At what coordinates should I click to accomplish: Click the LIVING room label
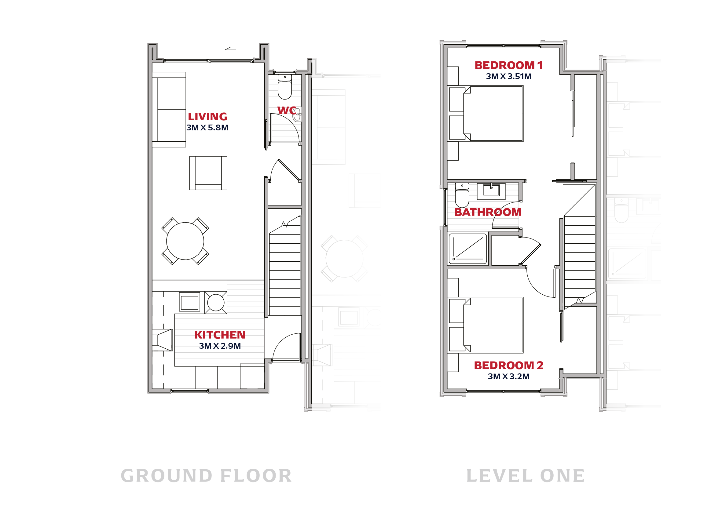(x=207, y=117)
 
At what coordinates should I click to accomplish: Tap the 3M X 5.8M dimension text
(x=207, y=128)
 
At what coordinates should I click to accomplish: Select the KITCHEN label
(x=220, y=335)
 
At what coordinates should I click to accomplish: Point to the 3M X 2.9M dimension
(x=220, y=346)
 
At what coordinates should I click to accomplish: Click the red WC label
(x=287, y=110)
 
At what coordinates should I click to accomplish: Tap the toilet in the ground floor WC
(x=284, y=87)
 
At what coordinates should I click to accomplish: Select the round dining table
(x=185, y=241)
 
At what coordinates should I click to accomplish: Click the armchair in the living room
(x=208, y=173)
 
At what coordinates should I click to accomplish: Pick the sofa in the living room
(x=169, y=110)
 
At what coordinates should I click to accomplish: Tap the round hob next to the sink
(x=216, y=303)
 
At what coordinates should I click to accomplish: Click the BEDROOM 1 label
(x=508, y=65)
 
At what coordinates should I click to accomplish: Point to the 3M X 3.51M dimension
(x=508, y=76)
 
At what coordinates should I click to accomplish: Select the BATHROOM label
(x=488, y=212)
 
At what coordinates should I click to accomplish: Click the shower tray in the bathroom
(x=467, y=249)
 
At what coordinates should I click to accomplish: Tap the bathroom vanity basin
(x=491, y=191)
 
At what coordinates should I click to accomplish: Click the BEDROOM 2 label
(x=508, y=365)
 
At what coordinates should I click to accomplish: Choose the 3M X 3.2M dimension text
(x=508, y=376)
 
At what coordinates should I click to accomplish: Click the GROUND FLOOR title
(x=206, y=476)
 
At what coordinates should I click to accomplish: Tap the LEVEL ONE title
(x=526, y=476)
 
